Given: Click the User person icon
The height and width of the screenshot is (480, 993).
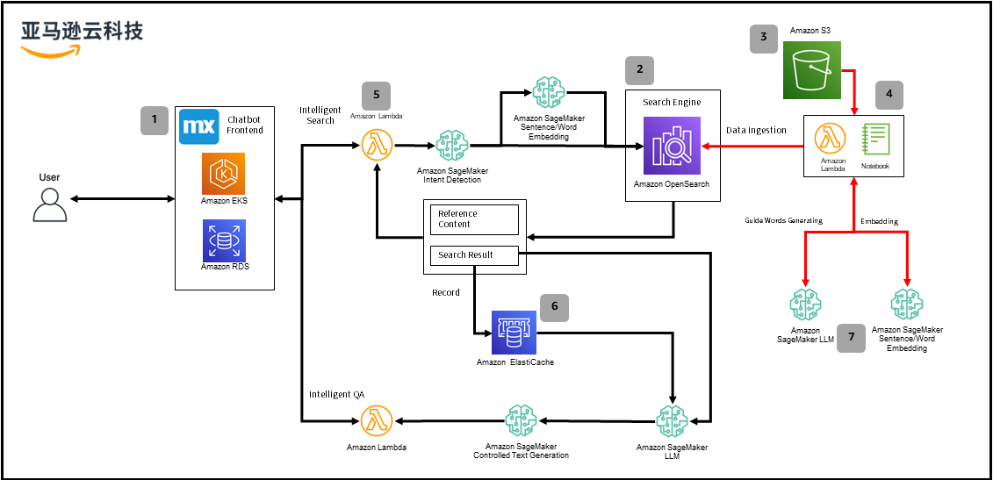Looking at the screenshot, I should pyautogui.click(x=49, y=204).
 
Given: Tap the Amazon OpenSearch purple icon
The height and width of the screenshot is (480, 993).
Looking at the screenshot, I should pyautogui.click(x=673, y=147).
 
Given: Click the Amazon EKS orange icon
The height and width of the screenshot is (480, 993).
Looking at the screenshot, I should pyautogui.click(x=223, y=174).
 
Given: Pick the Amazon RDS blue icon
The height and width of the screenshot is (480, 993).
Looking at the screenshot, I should pyautogui.click(x=223, y=240).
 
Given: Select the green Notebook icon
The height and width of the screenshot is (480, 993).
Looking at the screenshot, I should pyautogui.click(x=874, y=140).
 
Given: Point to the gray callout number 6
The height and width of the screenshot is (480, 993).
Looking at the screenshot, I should pyautogui.click(x=554, y=307).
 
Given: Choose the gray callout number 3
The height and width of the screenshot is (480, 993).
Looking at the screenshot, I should pyautogui.click(x=763, y=37).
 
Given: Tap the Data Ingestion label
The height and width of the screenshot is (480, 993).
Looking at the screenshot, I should pyautogui.click(x=756, y=131).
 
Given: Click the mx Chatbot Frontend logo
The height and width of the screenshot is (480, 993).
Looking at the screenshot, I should pyautogui.click(x=198, y=126).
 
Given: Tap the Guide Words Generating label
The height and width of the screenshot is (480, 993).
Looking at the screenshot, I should pyautogui.click(x=783, y=221).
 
